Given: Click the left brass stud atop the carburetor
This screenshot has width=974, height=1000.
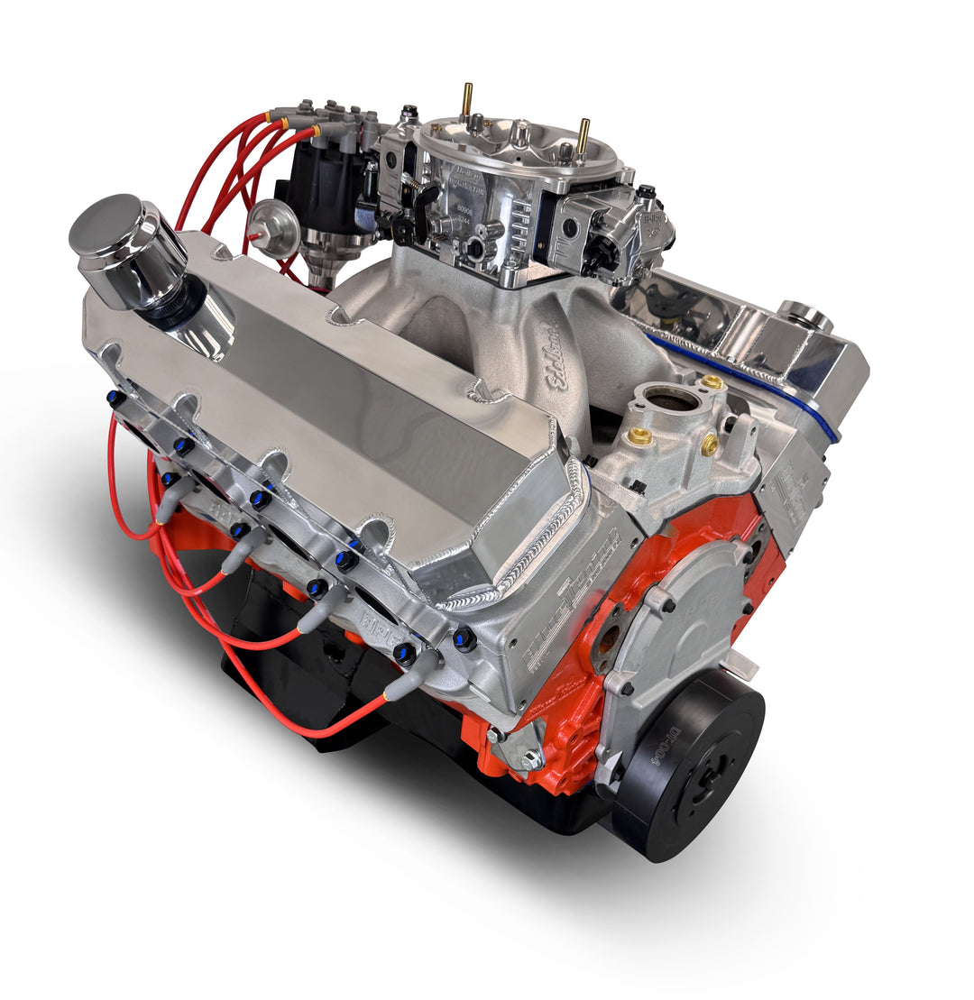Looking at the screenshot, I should pos(466,100).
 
